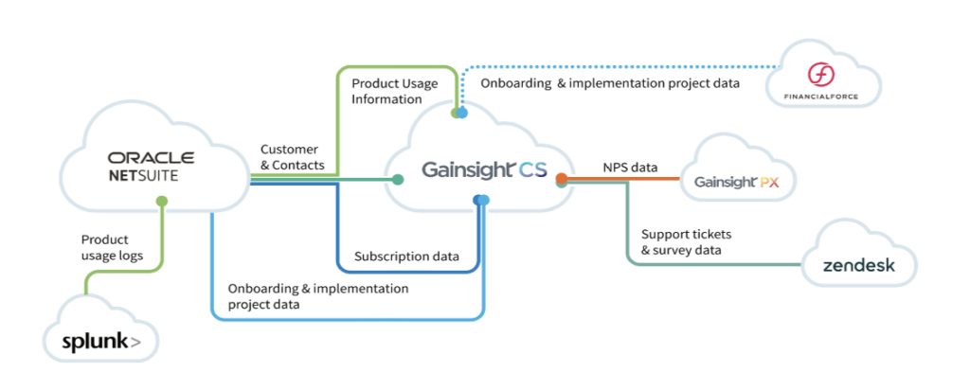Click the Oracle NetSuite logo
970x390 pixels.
coord(151,167)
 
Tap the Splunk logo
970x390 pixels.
coord(100,341)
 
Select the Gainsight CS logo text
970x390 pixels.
coord(484,169)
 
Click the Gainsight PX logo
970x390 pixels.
coord(735,183)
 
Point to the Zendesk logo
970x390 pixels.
coord(858,266)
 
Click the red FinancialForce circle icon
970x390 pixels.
coord(821,76)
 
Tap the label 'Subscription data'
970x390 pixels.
coord(406,256)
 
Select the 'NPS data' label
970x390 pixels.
coord(630,167)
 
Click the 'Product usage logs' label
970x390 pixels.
coord(113,247)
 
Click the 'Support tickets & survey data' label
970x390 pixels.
coord(686,242)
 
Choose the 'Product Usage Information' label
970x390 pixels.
coord(395,91)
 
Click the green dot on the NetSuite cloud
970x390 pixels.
coord(162,201)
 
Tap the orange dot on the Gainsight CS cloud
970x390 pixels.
coord(561,179)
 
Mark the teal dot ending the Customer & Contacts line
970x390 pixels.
coord(398,180)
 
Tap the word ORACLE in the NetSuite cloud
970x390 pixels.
coord(151,158)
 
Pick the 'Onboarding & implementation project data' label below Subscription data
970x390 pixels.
coord(318,296)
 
